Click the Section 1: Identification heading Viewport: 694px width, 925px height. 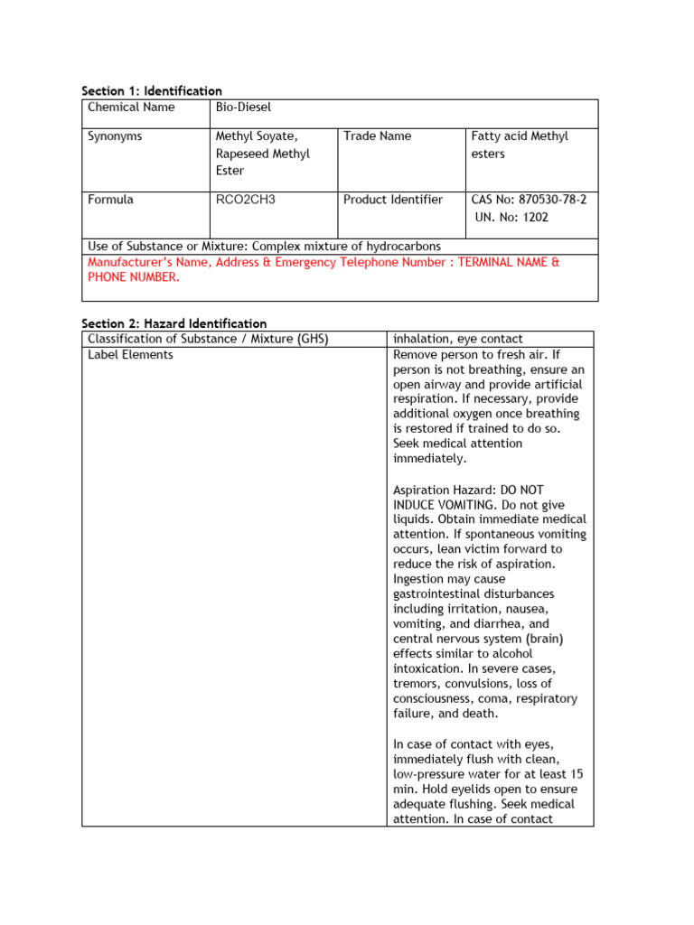tap(151, 91)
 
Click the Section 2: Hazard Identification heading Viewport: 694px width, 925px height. tap(173, 323)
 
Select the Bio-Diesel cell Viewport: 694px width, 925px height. tap(243, 107)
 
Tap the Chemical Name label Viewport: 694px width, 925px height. tap(131, 107)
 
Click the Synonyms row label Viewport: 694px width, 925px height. tap(115, 136)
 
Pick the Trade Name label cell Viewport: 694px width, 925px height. tap(377, 136)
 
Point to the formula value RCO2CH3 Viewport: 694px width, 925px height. tap(245, 200)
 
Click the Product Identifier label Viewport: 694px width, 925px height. tap(393, 200)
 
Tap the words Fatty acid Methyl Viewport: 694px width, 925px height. tap(520, 136)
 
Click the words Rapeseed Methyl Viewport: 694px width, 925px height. tap(262, 154)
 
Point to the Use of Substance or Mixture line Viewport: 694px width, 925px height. tap(264, 247)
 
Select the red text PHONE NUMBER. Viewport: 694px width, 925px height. tap(133, 277)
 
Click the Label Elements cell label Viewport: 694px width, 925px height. tap(130, 355)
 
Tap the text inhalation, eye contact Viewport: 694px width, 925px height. tap(458, 339)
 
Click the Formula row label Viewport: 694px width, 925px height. tap(110, 200)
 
